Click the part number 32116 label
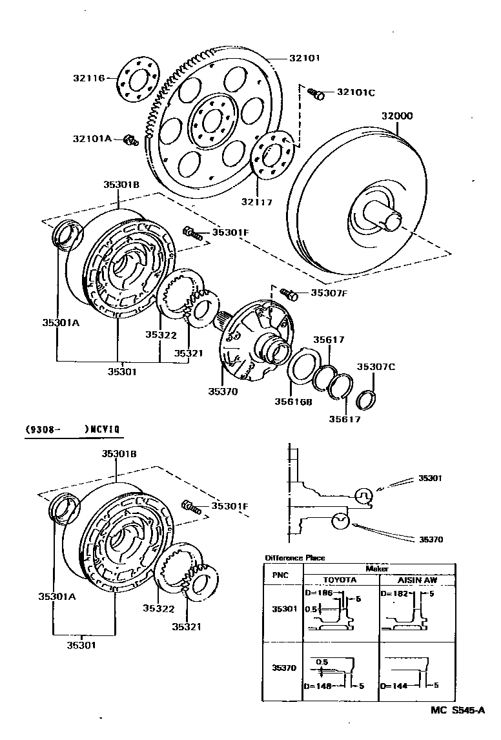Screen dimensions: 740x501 tap(88, 78)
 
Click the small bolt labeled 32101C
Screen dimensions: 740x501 tap(316, 94)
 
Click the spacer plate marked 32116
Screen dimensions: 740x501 tap(138, 82)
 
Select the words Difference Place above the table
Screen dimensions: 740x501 tap(294, 557)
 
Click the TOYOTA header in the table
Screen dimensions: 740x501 tap(340, 580)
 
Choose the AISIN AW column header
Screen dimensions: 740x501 tap(417, 580)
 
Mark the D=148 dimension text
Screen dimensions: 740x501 tap(319, 686)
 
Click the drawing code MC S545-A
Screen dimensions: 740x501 tap(458, 710)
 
